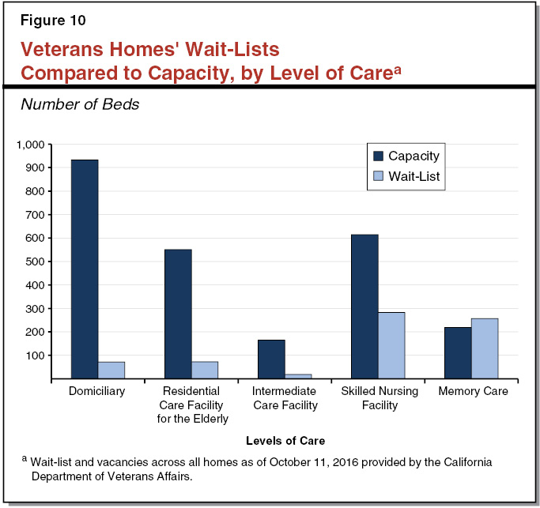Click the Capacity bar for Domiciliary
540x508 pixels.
[x=85, y=269]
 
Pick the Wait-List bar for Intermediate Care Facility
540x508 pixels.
[x=298, y=376]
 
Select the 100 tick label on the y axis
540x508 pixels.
[x=37, y=356]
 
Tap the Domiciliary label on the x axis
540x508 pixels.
[x=98, y=391]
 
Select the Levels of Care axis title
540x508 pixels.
[x=285, y=440]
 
